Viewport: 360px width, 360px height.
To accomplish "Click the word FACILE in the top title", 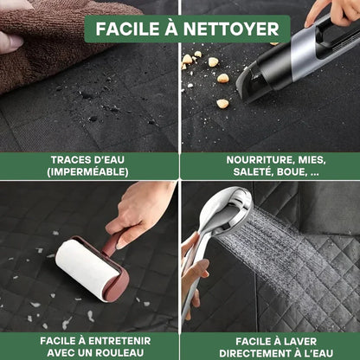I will point(125,29).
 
